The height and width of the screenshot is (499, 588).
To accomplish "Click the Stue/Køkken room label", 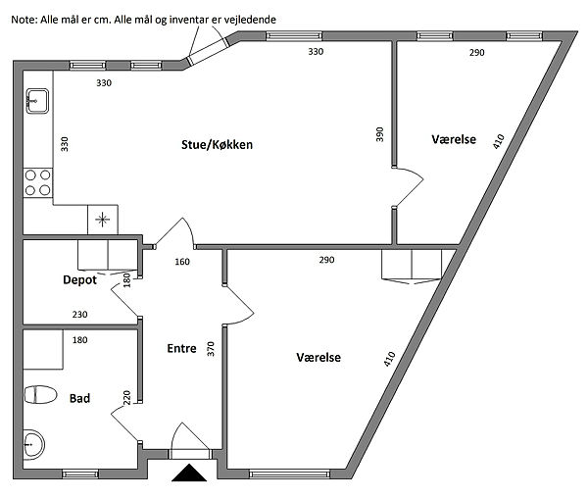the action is pyautogui.click(x=217, y=145).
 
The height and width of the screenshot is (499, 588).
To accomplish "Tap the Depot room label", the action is pyautogui.click(x=79, y=279).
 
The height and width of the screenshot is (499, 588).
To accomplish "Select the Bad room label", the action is pyautogui.click(x=79, y=398).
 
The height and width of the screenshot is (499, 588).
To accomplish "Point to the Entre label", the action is pyautogui.click(x=181, y=349).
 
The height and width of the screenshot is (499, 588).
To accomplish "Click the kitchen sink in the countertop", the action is pyautogui.click(x=37, y=101).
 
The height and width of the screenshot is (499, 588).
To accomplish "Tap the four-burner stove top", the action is pyautogui.click(x=37, y=182).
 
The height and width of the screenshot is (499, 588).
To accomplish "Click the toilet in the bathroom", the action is pyautogui.click(x=40, y=395).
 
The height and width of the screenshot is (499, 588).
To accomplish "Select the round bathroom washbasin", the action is pyautogui.click(x=33, y=445).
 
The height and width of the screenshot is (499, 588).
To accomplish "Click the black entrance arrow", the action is pyautogui.click(x=189, y=473).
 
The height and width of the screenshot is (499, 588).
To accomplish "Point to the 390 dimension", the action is pyautogui.click(x=380, y=134).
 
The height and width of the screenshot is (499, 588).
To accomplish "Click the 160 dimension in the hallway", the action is pyautogui.click(x=182, y=262).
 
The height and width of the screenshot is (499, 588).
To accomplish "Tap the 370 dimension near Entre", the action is pyautogui.click(x=211, y=349).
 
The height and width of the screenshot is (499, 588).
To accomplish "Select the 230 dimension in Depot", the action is pyautogui.click(x=80, y=315).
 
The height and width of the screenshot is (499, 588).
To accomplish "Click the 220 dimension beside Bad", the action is pyautogui.click(x=126, y=398).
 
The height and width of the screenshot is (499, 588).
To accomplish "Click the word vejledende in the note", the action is pyautogui.click(x=250, y=20).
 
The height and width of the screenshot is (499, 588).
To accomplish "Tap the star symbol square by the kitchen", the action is pyautogui.click(x=103, y=220).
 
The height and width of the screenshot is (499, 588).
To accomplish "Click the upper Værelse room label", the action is pyautogui.click(x=454, y=139).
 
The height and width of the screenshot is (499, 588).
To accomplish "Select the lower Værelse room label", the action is pyautogui.click(x=318, y=358).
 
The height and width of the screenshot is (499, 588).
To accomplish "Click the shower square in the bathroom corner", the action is pyautogui.click(x=43, y=349).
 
